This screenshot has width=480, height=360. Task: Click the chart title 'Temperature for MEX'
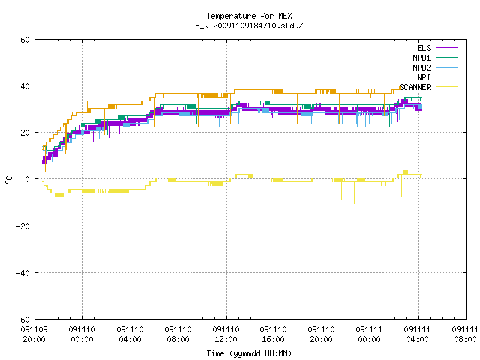click(249, 16)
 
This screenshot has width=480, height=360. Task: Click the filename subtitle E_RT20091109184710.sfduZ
click(249, 25)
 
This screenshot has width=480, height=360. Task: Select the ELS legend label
click(424, 48)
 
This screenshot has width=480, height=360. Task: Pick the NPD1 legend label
click(421, 58)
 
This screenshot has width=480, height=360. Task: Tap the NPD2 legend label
click(421, 67)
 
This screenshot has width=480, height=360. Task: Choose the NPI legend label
click(424, 77)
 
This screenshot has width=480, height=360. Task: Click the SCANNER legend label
click(415, 87)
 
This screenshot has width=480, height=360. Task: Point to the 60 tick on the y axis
click(25, 40)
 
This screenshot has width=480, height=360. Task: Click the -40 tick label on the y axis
click(23, 273)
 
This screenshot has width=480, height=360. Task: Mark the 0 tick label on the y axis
click(28, 179)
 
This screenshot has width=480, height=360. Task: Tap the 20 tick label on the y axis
click(25, 133)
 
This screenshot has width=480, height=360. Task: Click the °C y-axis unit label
click(9, 180)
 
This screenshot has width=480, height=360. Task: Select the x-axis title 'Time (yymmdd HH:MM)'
click(249, 353)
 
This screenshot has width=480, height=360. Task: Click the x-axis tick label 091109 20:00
click(34, 334)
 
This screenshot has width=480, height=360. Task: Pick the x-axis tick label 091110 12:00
click(226, 334)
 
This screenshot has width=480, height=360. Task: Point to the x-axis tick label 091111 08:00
click(465, 334)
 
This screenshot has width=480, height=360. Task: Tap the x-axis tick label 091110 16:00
click(273, 334)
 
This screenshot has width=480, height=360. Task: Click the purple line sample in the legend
click(447, 48)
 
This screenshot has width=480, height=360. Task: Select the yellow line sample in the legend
click(447, 87)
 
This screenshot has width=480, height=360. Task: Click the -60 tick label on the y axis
click(23, 319)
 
